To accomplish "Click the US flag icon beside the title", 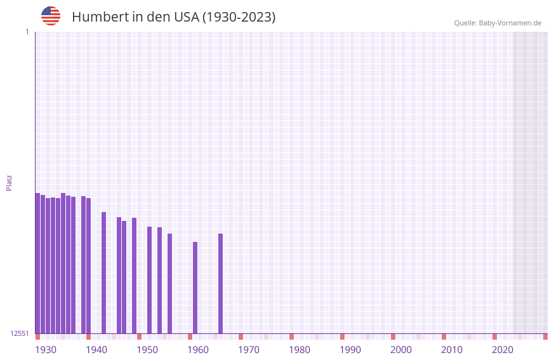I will [x=51, y=16].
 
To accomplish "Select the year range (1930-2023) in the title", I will [x=239, y=17].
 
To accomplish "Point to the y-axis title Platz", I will [x=9, y=182].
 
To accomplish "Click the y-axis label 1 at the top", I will [x=27, y=32].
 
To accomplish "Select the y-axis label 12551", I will [x=20, y=333].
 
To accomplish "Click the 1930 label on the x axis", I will [x=46, y=350].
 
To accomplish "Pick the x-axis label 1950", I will [x=147, y=350].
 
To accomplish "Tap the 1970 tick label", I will [x=249, y=350].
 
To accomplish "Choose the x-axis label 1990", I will [x=350, y=350].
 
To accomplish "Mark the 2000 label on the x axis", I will [x=401, y=350].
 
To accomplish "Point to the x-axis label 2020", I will [x=503, y=350].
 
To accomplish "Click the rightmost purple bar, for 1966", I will [x=220, y=283].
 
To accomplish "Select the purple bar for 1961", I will [x=195, y=287].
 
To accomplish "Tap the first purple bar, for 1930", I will [x=37, y=263].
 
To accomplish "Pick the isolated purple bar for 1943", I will [x=103, y=272].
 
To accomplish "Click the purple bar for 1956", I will [x=169, y=283].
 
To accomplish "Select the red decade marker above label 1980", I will [x=291, y=337].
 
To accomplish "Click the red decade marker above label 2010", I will [x=444, y=337].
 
